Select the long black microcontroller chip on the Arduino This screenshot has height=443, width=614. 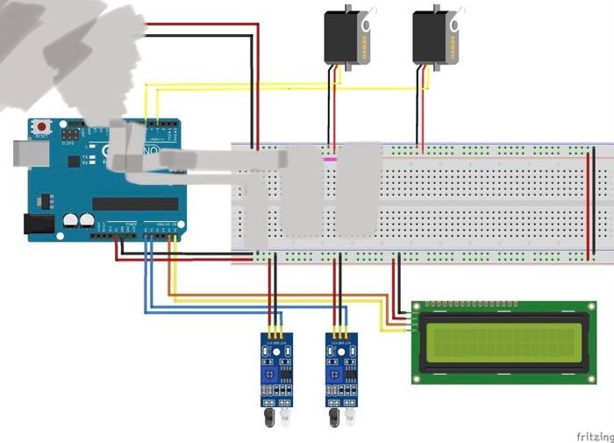pos(135,204)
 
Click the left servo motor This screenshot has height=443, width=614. pos(346,36)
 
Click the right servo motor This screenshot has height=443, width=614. pos(435,36)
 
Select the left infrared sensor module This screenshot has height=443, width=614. pos(275,368)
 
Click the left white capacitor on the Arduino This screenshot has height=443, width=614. pos(71,220)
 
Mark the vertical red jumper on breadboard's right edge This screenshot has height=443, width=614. pos(589,204)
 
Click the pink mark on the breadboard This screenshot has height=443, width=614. pos(331,160)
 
